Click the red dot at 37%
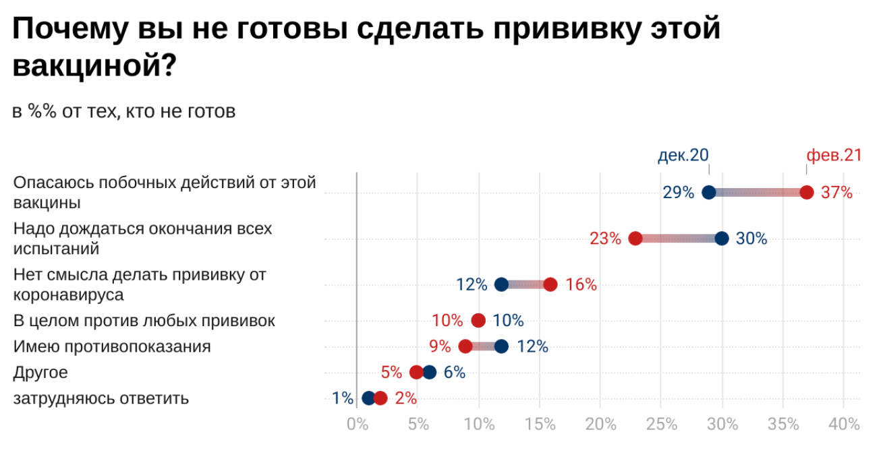[806, 192]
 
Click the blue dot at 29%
[709, 192]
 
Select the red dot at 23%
[635, 239]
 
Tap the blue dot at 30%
[722, 239]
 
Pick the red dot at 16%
[550, 284]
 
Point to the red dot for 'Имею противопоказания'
[465, 346]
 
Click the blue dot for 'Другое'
[430, 373]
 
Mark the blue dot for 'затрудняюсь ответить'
[368, 398]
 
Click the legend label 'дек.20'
[683, 155]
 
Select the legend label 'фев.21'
[834, 155]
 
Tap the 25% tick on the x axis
[661, 425]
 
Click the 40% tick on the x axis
[845, 425]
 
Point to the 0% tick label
[356, 425]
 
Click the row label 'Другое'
[40, 373]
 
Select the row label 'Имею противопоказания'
[112, 346]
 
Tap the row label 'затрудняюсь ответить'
[101, 398]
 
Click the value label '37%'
[837, 193]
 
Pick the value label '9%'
[440, 347]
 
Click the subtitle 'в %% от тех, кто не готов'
[124, 112]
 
